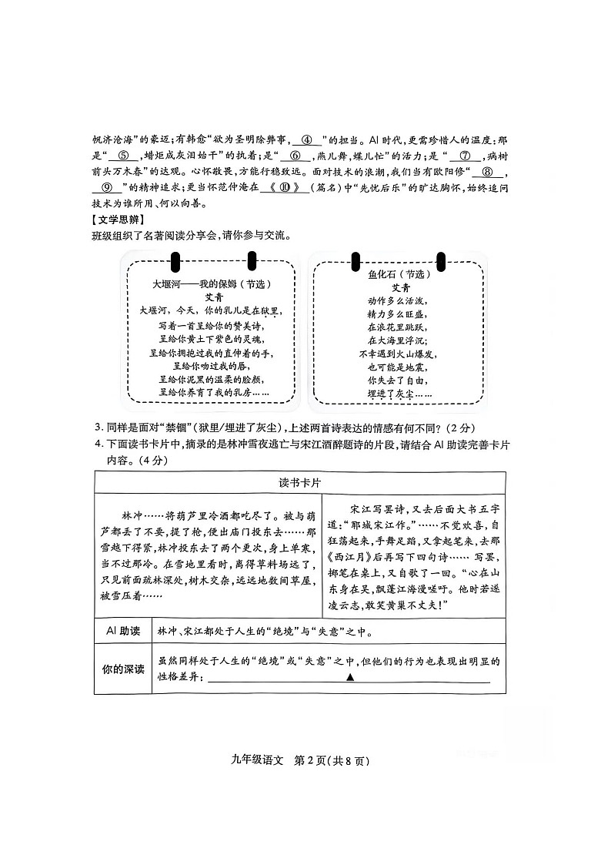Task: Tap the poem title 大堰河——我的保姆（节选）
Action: [211, 284]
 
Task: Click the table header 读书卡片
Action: [299, 481]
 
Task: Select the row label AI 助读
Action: [122, 632]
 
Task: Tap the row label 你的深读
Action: [122, 669]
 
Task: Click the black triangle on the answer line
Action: [350, 678]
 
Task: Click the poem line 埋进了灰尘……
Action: [397, 394]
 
